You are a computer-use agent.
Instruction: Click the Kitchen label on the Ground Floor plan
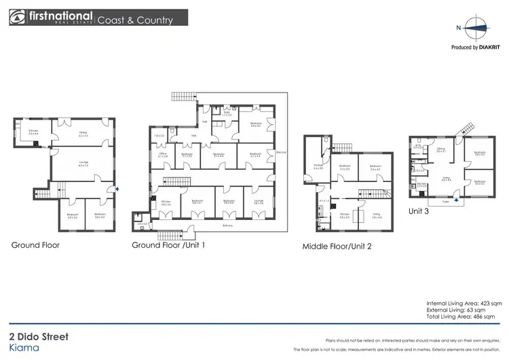pyautogui.click(x=33, y=132)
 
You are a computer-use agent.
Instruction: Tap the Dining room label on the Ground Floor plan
pyautogui.click(x=83, y=134)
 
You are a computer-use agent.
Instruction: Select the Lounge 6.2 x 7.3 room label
pyautogui.click(x=83, y=164)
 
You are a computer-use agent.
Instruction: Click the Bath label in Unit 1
pyautogui.click(x=227, y=113)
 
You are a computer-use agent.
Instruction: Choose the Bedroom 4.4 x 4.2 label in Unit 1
pyautogui.click(x=257, y=124)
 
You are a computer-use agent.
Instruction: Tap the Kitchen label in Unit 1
pyautogui.click(x=166, y=202)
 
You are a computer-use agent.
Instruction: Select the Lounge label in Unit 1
pyautogui.click(x=258, y=202)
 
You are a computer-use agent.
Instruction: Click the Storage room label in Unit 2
pyautogui.click(x=318, y=166)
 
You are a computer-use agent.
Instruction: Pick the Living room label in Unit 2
pyautogui.click(x=377, y=216)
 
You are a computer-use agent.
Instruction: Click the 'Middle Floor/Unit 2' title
pyautogui.click(x=337, y=247)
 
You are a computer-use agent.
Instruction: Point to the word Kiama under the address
pyautogui.click(x=24, y=347)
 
